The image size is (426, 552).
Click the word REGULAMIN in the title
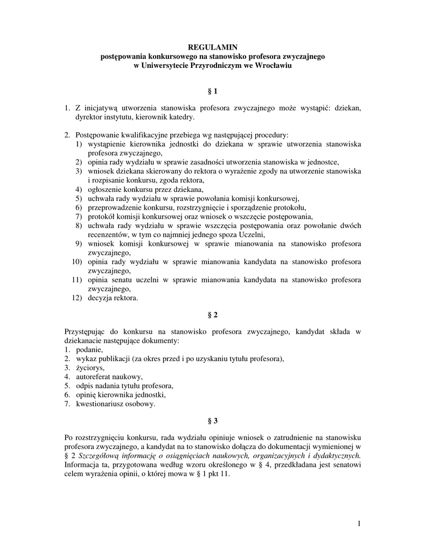[213, 47]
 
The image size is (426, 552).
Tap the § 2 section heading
[212, 314]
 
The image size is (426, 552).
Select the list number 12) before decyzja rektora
[76, 298]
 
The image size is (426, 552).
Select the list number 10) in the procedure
[76, 262]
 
